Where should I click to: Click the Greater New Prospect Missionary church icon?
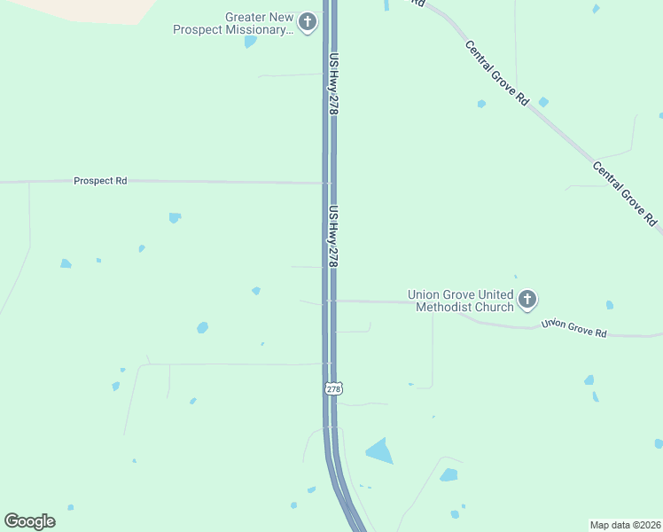308,22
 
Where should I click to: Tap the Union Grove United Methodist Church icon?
527,300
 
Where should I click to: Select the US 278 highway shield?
332,388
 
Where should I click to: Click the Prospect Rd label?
100,181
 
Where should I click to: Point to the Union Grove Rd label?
574,329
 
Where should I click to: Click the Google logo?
29,521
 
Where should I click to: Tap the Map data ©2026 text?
625,525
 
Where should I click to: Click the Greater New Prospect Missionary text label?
233,23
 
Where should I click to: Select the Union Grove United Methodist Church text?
460,301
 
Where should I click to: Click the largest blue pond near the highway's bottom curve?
379,451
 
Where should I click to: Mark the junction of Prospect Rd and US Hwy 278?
328,183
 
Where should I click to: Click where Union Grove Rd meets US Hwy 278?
329,301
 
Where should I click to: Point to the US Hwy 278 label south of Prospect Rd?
334,237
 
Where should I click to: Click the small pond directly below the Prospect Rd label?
175,217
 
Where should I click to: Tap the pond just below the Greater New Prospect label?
250,41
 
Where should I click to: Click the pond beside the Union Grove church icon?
609,305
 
